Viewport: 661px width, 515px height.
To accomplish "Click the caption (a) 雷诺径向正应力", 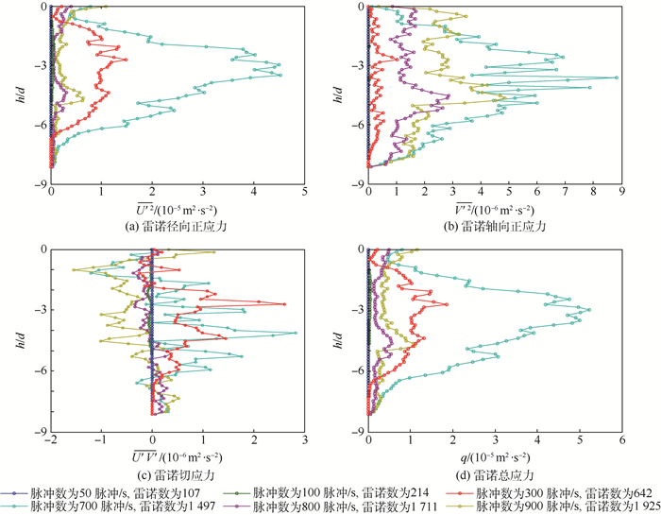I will [177, 227].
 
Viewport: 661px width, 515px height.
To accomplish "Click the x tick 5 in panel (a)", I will [304, 190].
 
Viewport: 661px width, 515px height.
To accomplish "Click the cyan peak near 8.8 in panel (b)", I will [617, 77].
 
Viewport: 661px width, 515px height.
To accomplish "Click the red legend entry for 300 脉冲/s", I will [548, 492].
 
